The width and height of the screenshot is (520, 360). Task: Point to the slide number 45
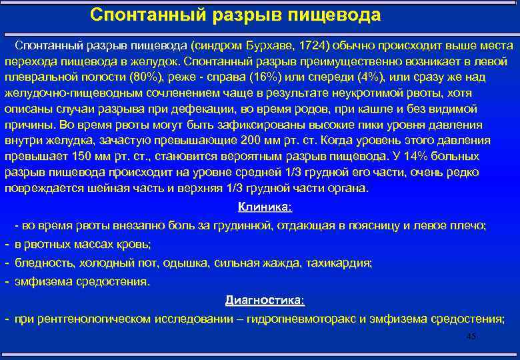click(x=471, y=337)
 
